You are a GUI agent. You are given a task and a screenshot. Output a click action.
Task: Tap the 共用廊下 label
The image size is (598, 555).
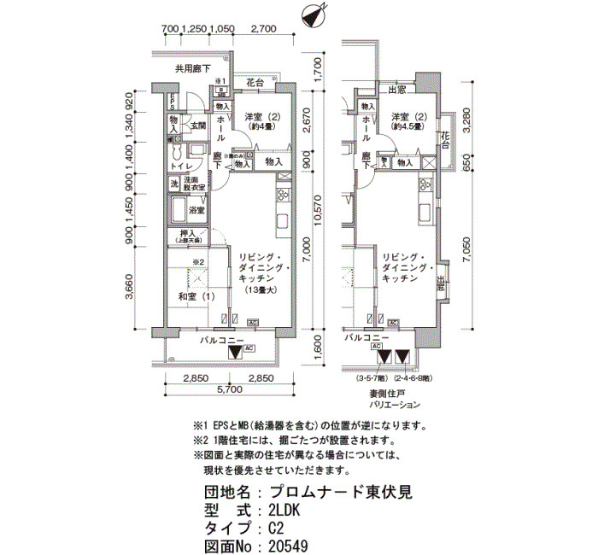click(193, 69)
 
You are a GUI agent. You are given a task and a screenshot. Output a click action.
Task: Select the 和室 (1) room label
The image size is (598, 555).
click(196, 297)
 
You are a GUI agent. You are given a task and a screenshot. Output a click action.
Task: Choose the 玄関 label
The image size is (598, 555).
click(198, 126)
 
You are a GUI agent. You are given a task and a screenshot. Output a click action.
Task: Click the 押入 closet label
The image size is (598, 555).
click(189, 236)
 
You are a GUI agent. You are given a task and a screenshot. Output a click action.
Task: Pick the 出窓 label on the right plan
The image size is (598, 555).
click(396, 89)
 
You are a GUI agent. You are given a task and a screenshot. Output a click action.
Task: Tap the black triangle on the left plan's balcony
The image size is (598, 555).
click(235, 352)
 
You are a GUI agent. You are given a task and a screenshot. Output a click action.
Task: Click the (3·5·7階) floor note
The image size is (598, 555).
click(377, 377)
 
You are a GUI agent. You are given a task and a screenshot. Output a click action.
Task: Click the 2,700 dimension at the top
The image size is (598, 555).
click(265, 29)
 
